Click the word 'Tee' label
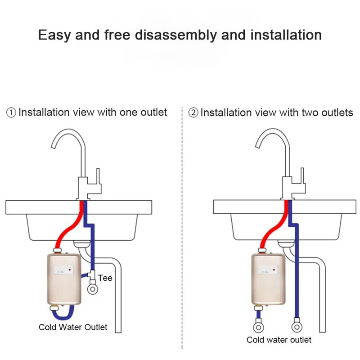pyautogui.click(x=105, y=278)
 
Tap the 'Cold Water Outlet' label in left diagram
pyautogui.click(x=73, y=327)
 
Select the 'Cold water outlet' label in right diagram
pyautogui.click(x=279, y=340)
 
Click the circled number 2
pyautogui.click(x=193, y=112)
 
